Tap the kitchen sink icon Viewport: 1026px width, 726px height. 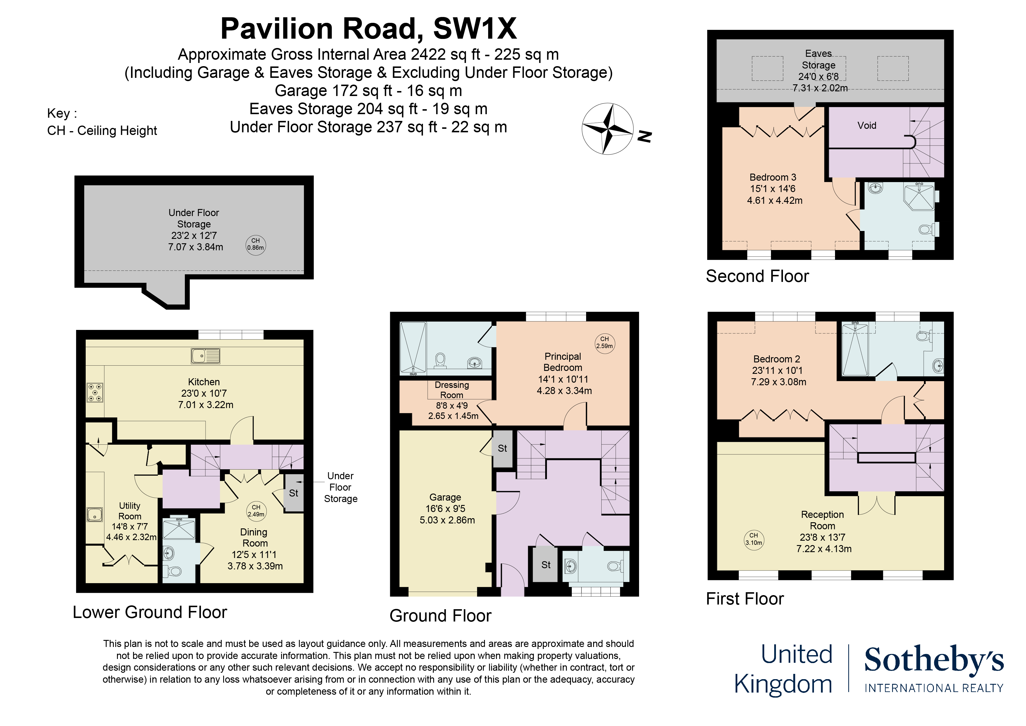(206, 356)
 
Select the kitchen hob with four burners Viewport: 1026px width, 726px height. (95, 392)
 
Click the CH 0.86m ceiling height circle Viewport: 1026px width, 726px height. (256, 245)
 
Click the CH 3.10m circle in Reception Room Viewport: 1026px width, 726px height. (754, 540)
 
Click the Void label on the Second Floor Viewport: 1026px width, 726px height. (867, 126)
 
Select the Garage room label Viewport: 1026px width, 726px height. (445, 497)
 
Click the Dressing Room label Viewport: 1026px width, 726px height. (452, 390)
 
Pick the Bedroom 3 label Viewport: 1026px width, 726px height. (773, 177)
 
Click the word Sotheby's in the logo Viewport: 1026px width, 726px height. (934, 659)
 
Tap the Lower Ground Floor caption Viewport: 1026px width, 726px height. (150, 612)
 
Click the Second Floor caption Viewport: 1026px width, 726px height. (758, 276)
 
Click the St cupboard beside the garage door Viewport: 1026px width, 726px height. (502, 448)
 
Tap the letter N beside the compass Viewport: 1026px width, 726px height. (645, 136)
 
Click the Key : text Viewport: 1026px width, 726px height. (62, 113)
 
